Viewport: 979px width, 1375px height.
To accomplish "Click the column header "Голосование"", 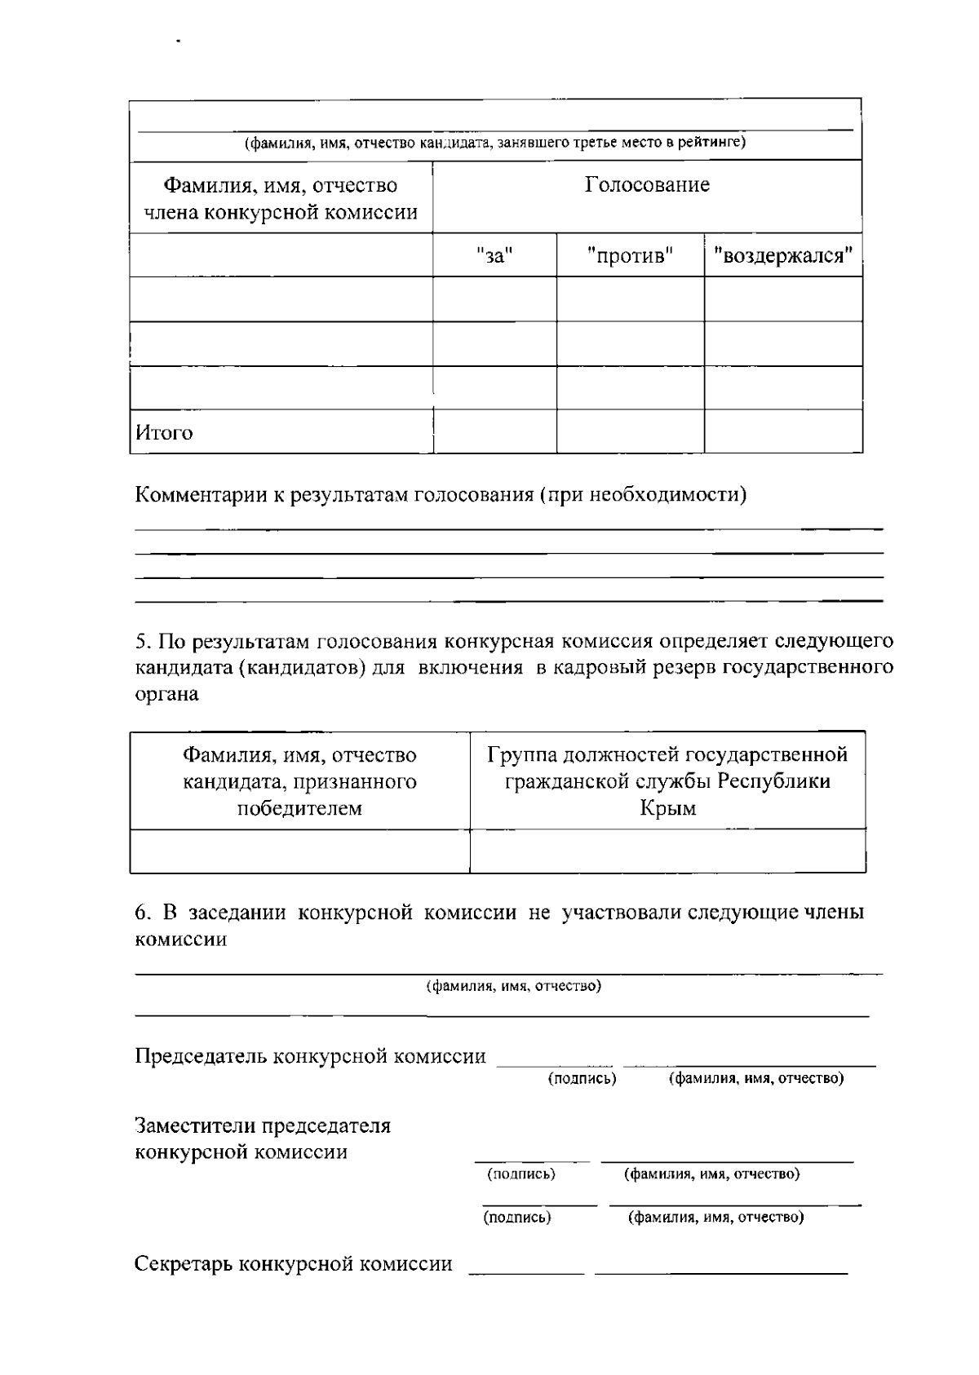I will (647, 185).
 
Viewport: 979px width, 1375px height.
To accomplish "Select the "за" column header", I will (494, 256).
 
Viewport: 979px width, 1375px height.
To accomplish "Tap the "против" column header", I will (630, 256).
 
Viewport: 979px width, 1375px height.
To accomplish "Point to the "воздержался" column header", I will (783, 256).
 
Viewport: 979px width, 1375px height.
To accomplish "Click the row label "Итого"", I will (164, 433).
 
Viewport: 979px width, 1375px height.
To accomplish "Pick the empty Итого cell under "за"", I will (494, 431).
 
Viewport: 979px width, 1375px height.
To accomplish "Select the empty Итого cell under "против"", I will (630, 431).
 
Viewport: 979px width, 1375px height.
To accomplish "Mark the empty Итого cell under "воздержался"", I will (783, 431).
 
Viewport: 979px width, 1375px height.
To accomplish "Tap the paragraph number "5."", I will (144, 641).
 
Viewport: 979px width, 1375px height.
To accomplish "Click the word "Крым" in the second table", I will (667, 809).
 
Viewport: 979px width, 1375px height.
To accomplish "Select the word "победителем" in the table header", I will (299, 809).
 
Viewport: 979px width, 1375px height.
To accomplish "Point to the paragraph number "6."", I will (144, 913).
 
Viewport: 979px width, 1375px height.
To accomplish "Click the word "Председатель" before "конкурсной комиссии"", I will (200, 1057).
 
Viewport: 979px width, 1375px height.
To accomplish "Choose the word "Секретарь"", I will (188, 1264).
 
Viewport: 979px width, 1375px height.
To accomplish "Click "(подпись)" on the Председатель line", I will (582, 1079).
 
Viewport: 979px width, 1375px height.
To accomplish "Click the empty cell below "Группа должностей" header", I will (667, 851).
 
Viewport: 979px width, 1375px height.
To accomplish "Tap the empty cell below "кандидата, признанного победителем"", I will (299, 851).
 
